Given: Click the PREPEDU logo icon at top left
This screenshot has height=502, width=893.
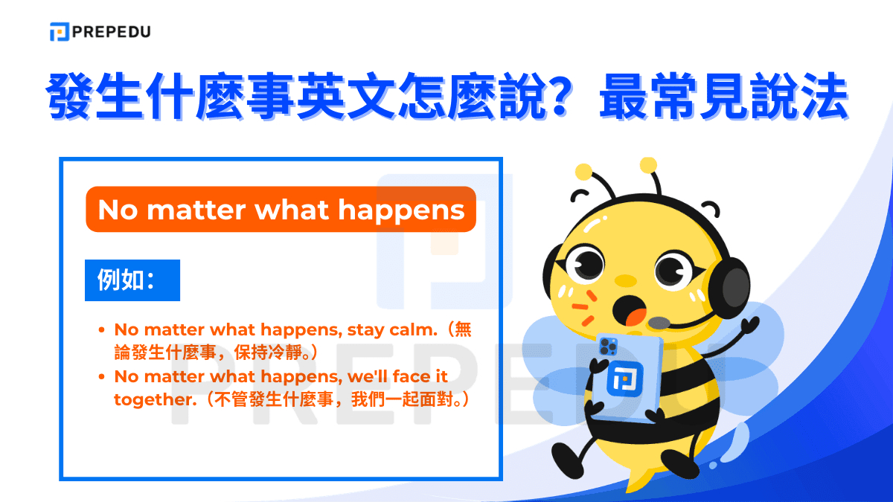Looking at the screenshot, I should pos(60,32).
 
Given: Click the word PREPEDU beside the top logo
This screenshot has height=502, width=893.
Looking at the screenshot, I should pos(111,32).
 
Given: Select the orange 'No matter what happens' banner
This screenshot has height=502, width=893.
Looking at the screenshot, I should pos(281,209).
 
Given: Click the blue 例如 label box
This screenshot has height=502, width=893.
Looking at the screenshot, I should pos(132,280).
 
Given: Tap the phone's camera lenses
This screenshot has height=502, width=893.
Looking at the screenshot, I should pos(608,345).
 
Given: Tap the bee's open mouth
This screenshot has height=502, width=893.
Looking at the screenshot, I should pos(631,311).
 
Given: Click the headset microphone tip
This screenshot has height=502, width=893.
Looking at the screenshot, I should pos(659,323).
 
